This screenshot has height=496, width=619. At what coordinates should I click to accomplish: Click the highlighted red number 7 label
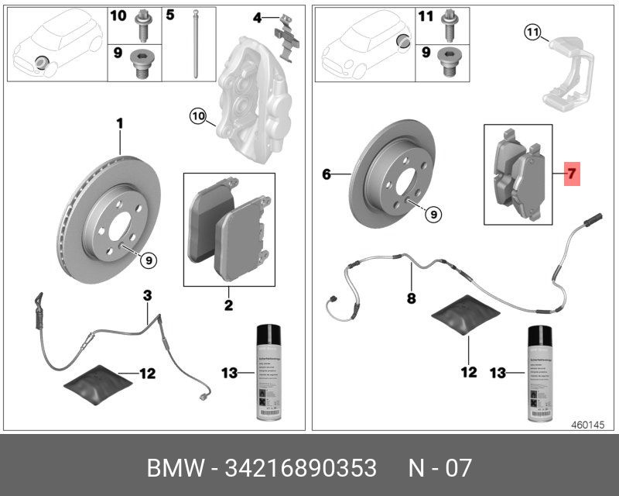[x=572, y=174]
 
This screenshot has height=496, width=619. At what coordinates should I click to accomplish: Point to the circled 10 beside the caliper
[x=198, y=117]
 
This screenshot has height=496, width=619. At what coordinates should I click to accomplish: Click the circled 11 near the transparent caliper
[x=532, y=33]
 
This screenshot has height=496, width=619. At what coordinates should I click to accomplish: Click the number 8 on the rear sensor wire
[x=411, y=296]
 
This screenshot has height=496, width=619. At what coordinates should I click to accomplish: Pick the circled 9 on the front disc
[x=147, y=261]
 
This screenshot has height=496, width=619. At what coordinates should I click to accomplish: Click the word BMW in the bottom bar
[x=173, y=469]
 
